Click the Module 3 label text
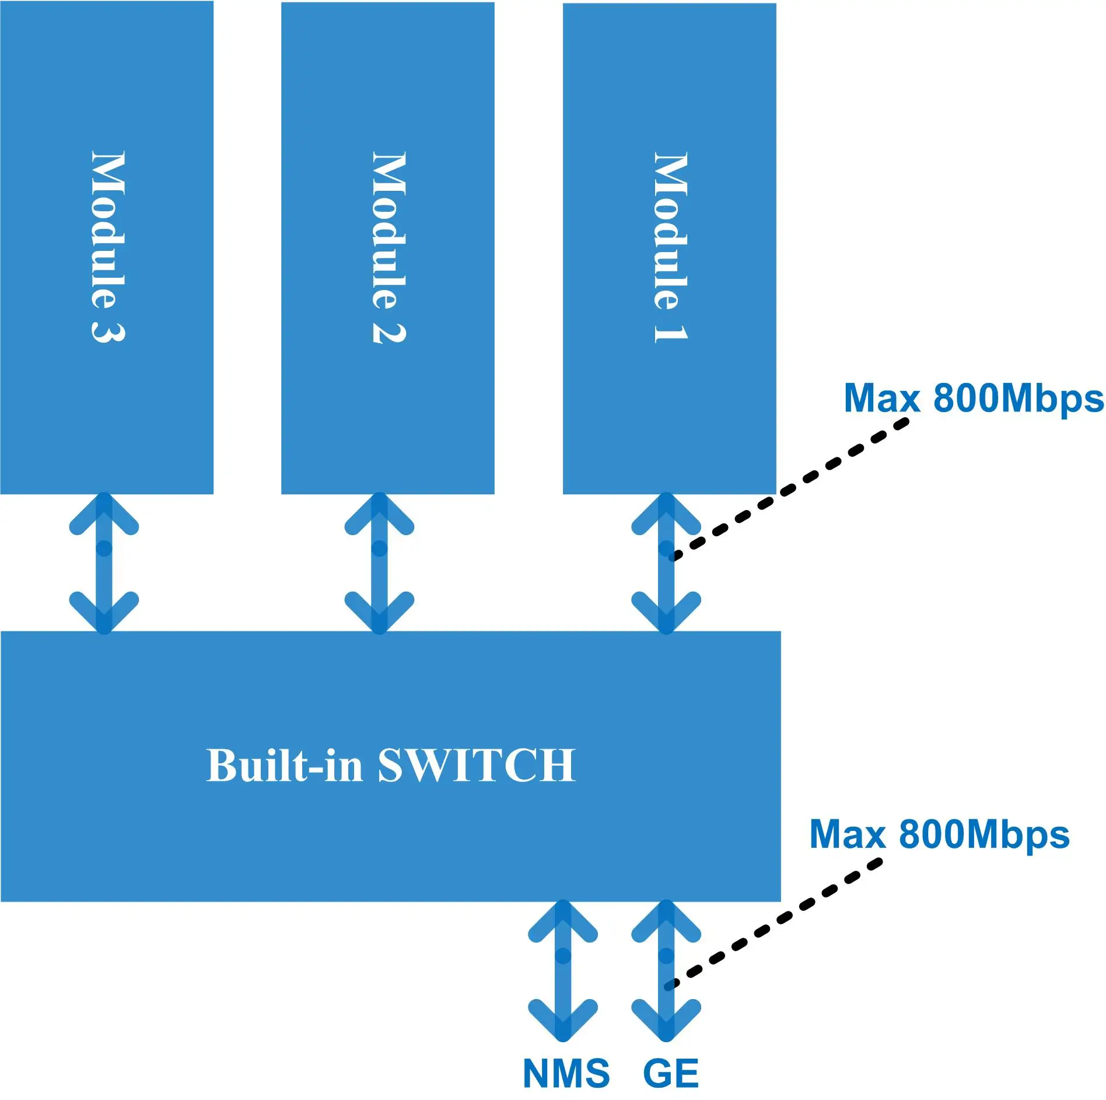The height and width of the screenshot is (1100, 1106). point(108,246)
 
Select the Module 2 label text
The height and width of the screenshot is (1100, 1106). point(389,246)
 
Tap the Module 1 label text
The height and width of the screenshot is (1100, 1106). point(670,246)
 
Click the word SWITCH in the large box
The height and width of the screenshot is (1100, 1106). point(477,765)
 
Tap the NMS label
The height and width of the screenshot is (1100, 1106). point(566,1073)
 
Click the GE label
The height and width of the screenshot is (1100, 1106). point(671,1073)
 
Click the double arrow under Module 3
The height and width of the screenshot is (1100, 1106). point(104,563)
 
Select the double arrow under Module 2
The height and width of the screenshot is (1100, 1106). point(379,563)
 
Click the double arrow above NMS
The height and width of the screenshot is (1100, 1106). point(563,970)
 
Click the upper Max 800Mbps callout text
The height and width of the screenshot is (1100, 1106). point(973,399)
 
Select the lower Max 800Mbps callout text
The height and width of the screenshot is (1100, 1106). point(939,834)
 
